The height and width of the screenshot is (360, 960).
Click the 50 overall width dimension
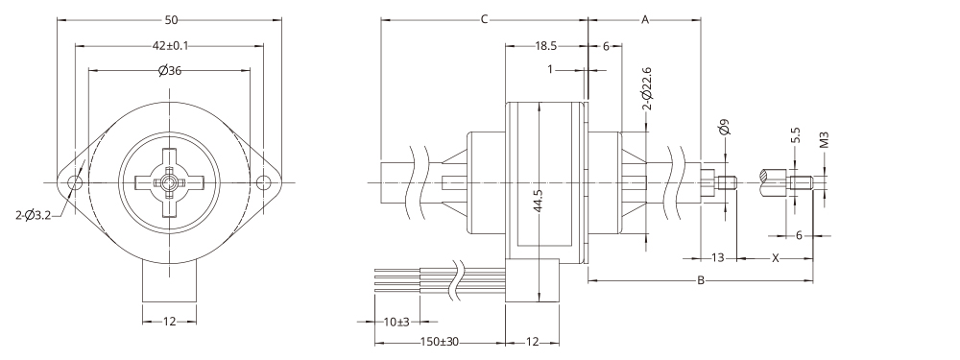[x=170, y=19]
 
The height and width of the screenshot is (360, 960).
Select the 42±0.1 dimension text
[x=170, y=45]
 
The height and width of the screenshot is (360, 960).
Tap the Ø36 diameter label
[x=170, y=70]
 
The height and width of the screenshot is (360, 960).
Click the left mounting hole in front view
[x=74, y=182]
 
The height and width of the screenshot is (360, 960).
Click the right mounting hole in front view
[x=265, y=182]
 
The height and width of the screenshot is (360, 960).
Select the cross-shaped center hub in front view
[x=170, y=182]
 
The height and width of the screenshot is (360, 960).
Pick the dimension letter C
[x=484, y=19]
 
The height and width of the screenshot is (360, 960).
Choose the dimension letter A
[x=644, y=19]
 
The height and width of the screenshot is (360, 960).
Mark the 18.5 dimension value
[x=545, y=45]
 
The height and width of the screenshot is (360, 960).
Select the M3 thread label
[x=824, y=143]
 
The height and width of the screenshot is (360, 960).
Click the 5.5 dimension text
[x=795, y=135]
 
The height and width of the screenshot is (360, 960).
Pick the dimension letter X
[x=776, y=258]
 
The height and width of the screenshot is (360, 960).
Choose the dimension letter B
[x=701, y=280]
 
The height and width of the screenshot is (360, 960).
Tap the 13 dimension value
[x=717, y=258]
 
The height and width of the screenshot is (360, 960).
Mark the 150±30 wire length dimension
[x=439, y=343]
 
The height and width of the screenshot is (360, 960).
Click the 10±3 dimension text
[x=397, y=322]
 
